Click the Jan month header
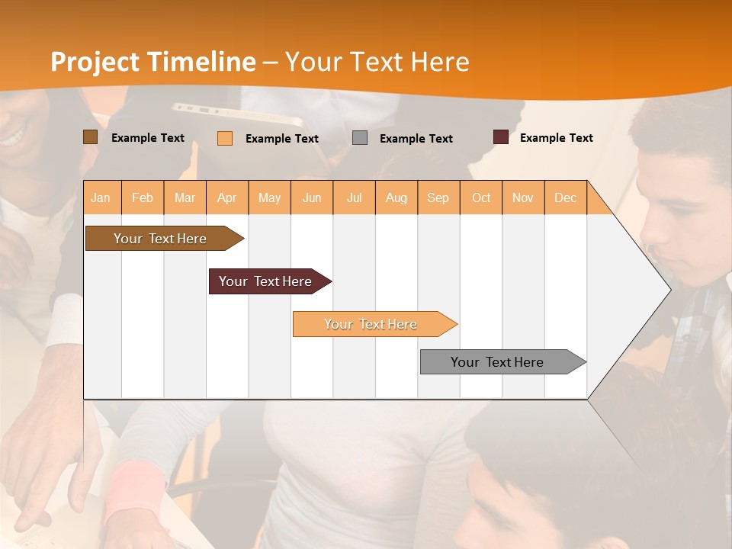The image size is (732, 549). pyautogui.click(x=101, y=197)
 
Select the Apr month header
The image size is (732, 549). pyautogui.click(x=227, y=197)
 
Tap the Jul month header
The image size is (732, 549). pyautogui.click(x=354, y=197)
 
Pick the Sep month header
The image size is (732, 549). pyautogui.click(x=438, y=197)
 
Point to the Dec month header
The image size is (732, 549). pyautogui.click(x=565, y=197)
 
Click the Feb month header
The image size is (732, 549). pyautogui.click(x=143, y=197)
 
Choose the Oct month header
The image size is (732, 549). pyautogui.click(x=481, y=197)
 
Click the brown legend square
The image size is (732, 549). pyautogui.click(x=90, y=137)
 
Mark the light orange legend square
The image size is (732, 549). pyautogui.click(x=225, y=138)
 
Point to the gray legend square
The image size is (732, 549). pyautogui.click(x=360, y=138)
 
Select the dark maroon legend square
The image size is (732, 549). pyautogui.click(x=501, y=137)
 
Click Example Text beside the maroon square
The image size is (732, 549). pyautogui.click(x=556, y=138)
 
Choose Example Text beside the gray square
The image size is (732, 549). pyautogui.click(x=416, y=139)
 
